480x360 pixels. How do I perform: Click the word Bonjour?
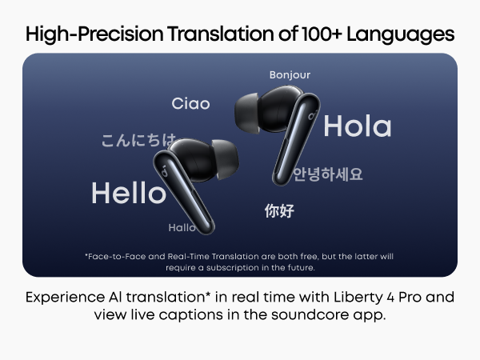click(290, 75)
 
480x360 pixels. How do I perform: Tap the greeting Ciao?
click(191, 104)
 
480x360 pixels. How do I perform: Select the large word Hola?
click(357, 126)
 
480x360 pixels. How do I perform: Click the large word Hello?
click(128, 193)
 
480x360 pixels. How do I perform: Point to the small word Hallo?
click(182, 228)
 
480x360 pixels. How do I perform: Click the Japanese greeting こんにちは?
click(138, 141)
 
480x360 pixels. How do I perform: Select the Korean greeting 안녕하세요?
click(327, 174)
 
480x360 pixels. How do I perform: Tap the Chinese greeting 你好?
click(279, 211)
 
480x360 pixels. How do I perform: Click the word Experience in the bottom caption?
click(63, 298)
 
